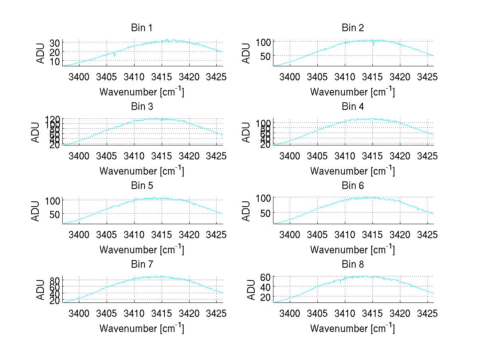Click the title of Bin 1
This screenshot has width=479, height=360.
point(142,28)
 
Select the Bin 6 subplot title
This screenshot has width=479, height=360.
point(353,186)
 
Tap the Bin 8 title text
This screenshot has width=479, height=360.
point(353,265)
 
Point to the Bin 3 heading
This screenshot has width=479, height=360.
point(142,107)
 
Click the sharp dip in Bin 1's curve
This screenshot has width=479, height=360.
point(115,55)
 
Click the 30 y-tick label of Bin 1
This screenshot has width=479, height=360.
point(55,43)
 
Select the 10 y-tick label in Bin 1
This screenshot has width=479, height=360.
point(55,61)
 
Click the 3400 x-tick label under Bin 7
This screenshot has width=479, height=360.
point(79,313)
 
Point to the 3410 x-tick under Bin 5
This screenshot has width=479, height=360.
point(134,234)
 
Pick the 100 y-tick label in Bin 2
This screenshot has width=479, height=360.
point(263,42)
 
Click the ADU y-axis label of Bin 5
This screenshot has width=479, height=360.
point(37,211)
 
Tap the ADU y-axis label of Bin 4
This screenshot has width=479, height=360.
point(247,133)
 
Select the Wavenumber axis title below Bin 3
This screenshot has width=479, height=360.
point(142,171)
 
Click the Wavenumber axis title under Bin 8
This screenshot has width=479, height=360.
point(353,328)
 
